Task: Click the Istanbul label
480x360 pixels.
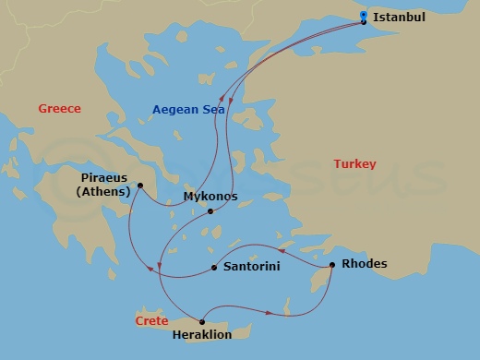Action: click(x=400, y=16)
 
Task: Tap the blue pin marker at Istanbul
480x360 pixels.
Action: click(x=364, y=16)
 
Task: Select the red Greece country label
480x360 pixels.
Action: click(x=59, y=109)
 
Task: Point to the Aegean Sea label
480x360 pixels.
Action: click(x=189, y=109)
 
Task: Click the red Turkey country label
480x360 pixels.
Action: click(x=355, y=164)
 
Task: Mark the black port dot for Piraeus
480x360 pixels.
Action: click(x=139, y=186)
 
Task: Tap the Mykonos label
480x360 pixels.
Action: click(x=210, y=197)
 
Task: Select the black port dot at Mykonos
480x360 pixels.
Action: click(x=210, y=211)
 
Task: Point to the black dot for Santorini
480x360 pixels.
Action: click(x=214, y=268)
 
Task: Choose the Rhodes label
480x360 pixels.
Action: click(x=365, y=264)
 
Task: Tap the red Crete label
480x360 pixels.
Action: click(x=151, y=321)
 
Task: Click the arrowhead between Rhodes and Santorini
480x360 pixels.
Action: click(x=279, y=248)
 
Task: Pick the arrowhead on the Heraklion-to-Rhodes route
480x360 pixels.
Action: click(x=289, y=312)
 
